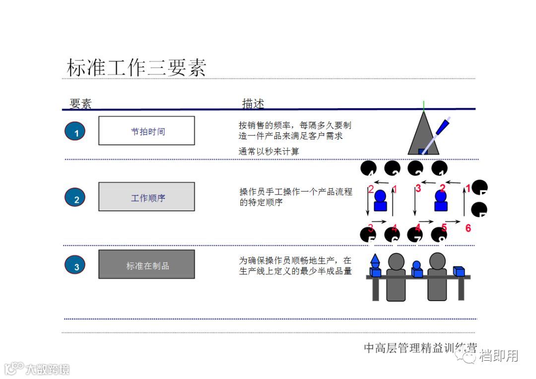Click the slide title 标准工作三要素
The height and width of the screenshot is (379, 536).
click(136, 67)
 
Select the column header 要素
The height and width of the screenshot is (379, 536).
click(80, 104)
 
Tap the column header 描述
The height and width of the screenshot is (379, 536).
click(253, 104)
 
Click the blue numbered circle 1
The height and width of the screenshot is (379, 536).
click(75, 132)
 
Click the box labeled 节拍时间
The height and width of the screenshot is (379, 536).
click(147, 131)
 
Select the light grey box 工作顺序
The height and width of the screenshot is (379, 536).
click(147, 197)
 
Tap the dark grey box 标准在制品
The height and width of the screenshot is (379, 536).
click(147, 265)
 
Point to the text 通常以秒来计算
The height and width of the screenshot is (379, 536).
click(269, 151)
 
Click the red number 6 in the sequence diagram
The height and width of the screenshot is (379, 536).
click(468, 228)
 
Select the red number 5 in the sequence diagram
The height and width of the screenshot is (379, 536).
click(444, 228)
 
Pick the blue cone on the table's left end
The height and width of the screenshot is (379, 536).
click(375, 261)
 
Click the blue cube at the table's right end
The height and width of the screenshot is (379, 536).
click(459, 271)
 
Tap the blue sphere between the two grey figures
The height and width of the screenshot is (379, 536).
click(416, 265)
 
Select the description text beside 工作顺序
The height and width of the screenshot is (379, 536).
click(296, 197)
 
